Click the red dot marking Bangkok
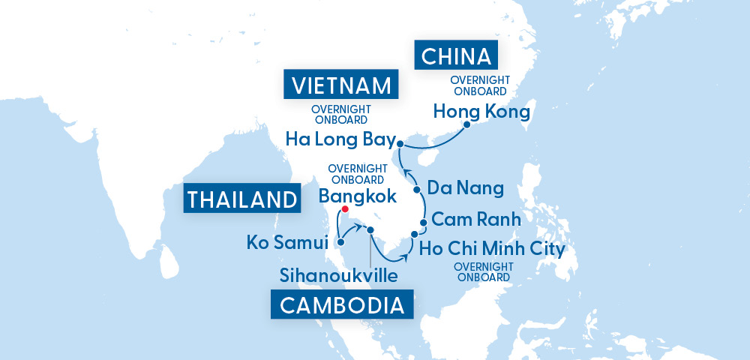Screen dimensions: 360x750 [344, 209]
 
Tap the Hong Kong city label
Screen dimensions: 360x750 [481, 112]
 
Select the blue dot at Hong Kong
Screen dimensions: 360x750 [466, 126]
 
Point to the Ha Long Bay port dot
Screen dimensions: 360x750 [400, 143]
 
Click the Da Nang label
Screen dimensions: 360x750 [465, 187]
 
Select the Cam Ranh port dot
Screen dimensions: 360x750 [424, 223]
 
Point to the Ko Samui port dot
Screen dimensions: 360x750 [341, 241]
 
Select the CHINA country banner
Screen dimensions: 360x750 [456, 56]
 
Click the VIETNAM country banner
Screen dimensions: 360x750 [340, 85]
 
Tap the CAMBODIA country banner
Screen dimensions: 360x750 [342, 305]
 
